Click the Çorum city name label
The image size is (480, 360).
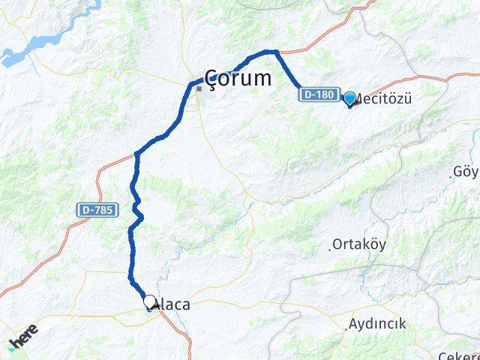[238, 77]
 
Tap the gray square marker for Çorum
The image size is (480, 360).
[199, 88]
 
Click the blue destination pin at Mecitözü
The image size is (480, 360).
[349, 98]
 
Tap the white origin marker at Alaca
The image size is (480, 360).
[149, 302]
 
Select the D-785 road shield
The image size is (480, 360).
[97, 211]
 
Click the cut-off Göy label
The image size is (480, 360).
[466, 172]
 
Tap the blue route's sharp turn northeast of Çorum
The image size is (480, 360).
[276, 52]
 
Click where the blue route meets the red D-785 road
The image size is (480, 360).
[136, 154]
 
